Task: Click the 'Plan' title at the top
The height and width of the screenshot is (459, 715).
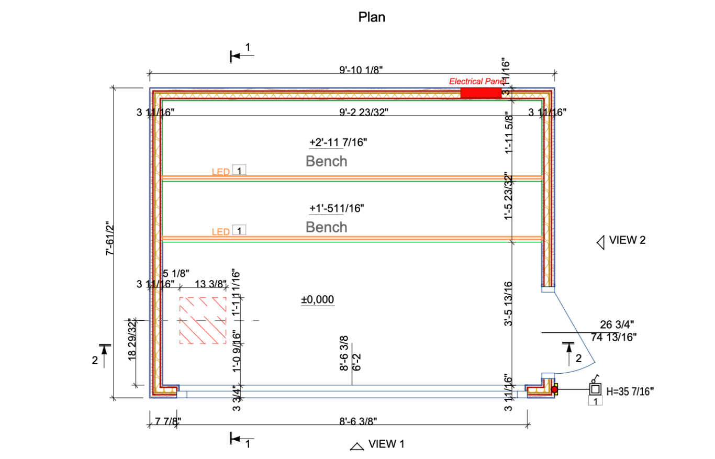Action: [372, 17]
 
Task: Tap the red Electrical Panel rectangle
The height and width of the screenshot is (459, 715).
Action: [481, 93]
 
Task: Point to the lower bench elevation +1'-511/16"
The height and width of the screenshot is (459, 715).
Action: [336, 208]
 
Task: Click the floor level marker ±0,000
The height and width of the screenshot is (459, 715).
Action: [317, 299]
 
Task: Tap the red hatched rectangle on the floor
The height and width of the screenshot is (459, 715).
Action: [203, 320]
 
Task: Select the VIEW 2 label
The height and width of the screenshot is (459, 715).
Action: [627, 240]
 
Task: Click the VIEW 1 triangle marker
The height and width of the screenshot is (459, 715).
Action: [357, 446]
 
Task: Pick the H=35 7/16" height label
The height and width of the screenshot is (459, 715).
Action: [630, 390]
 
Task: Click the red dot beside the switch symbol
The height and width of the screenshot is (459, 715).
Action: [554, 389]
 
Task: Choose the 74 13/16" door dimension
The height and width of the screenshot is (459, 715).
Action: [613, 338]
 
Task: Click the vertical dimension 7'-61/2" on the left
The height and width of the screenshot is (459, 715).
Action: [110, 239]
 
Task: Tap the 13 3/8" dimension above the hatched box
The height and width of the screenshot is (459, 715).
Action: [210, 284]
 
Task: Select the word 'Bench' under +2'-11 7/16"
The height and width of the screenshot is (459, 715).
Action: [326, 161]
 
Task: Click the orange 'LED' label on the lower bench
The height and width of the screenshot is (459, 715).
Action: [220, 231]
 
